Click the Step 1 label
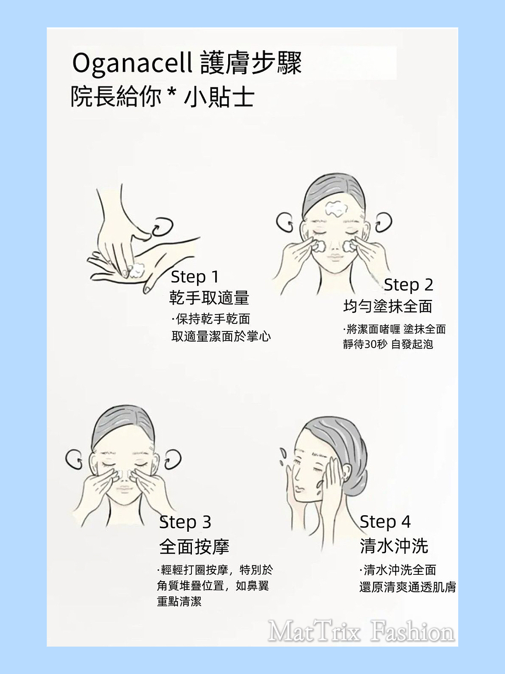coord(195,277)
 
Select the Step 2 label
coord(408,285)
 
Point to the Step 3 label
coord(185,522)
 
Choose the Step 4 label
coord(385,522)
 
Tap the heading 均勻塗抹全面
coord(388,306)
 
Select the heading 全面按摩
coord(194,547)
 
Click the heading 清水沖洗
coord(394,546)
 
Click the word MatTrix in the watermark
coord(314,632)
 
